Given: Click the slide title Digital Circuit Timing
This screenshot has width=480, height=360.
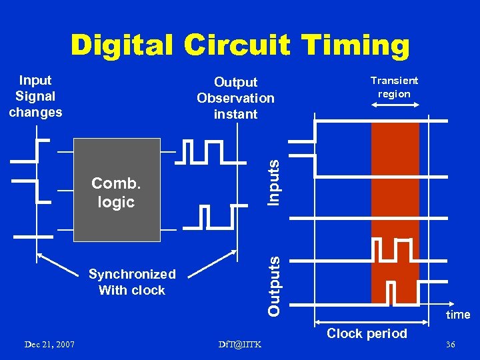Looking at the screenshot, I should (240, 45).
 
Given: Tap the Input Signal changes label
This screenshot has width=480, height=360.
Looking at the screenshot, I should (35, 96).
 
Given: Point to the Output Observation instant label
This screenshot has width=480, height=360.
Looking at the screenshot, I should (235, 98).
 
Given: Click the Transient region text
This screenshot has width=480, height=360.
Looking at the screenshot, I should (394, 87).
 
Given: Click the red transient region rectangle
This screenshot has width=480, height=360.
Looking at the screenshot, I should (395, 213).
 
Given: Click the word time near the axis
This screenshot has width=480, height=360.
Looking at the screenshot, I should (458, 315).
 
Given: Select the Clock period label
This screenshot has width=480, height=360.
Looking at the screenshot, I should (367, 333).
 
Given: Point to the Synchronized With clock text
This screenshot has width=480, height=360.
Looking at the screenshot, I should (132, 282).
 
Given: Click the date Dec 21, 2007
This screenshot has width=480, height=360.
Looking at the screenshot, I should (49, 344).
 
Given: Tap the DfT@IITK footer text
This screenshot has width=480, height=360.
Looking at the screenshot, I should (239, 344).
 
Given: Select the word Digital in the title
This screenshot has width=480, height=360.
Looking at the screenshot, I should (121, 45).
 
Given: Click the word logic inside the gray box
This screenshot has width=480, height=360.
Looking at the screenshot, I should (116, 201).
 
